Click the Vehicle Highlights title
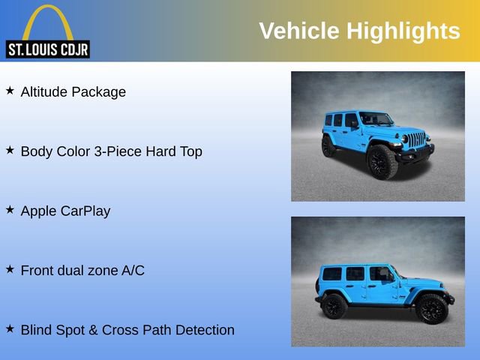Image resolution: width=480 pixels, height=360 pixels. [359, 31]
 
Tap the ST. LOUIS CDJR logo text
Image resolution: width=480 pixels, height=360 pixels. [48, 50]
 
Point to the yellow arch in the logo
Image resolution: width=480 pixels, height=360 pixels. [48, 19]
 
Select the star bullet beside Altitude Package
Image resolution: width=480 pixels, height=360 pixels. [10, 91]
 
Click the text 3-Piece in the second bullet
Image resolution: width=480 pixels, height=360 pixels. [120, 151]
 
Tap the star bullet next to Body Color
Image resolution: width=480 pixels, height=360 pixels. [10, 150]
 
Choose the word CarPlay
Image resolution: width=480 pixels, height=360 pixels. [85, 211]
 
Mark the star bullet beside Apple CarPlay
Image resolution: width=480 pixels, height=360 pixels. [10, 209]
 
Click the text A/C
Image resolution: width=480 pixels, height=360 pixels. [133, 271]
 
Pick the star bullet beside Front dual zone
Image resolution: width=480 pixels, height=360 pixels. [10, 268]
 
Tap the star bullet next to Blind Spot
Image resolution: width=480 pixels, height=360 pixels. [10, 328]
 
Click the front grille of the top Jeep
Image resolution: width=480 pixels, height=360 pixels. [417, 139]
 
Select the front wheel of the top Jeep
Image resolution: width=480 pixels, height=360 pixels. [381, 162]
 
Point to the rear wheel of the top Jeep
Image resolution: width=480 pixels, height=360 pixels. [328, 146]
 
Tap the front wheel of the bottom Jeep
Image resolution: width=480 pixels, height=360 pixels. [431, 308]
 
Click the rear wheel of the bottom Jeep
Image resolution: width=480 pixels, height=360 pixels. [334, 306]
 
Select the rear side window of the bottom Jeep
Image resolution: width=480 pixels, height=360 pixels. [331, 274]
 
